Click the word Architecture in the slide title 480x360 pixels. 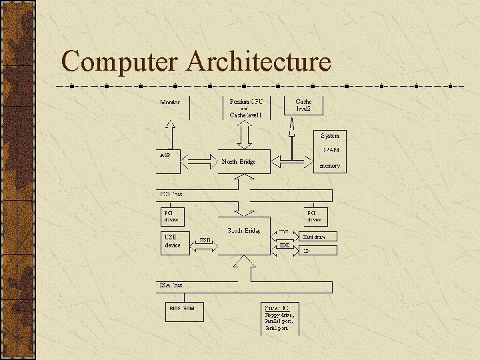tap(259, 61)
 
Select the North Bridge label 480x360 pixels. tap(239, 161)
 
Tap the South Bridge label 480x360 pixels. tap(244, 231)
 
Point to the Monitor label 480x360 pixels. tap(169, 102)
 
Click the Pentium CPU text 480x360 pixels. tap(246, 102)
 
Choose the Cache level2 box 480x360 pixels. tap(303, 105)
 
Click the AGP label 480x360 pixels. tap(165, 155)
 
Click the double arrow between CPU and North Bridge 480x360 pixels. tap(245, 136)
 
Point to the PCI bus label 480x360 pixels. tap(171, 193)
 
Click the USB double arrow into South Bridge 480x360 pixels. tap(205, 246)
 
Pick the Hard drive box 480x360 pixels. tap(319, 236)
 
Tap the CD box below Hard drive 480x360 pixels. tap(319, 251)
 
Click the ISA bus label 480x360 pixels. tap(171, 285)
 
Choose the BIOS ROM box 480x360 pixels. tap(185, 310)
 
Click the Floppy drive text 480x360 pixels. tap(280, 314)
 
